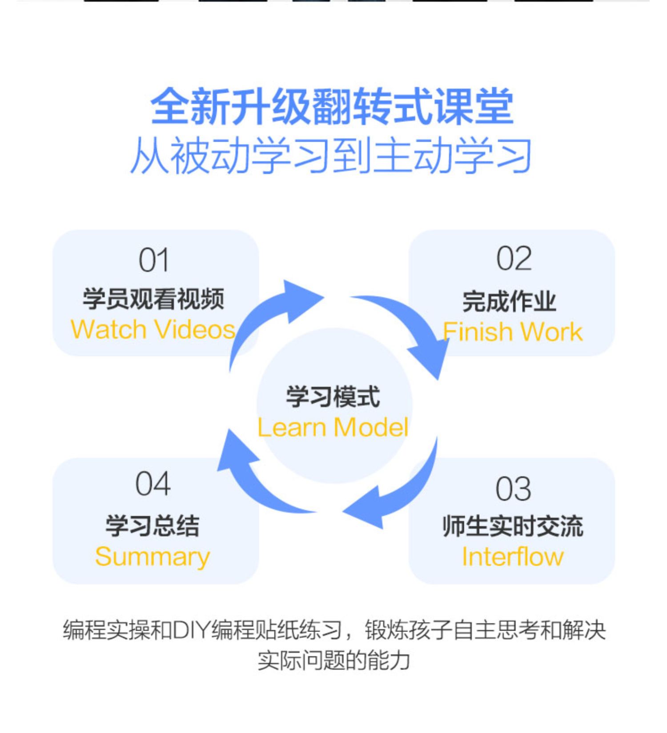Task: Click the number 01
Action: pos(153,260)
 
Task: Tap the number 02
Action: pos(514,259)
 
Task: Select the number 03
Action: pos(513,489)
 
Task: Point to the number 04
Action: pos(153,484)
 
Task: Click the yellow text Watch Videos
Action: pos(153,330)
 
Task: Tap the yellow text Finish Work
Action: pos(513,332)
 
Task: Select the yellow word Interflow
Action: pos(513,557)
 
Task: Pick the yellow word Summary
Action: pos(153,557)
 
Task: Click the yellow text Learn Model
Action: pos(333,427)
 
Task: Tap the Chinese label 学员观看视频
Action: pos(153,299)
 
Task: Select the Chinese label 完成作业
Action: pos(510,301)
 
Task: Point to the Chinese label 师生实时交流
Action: pos(513,526)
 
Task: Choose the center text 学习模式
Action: pos(333,397)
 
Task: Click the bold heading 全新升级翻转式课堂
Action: pos(333,107)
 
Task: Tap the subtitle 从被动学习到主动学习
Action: pos(332,155)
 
